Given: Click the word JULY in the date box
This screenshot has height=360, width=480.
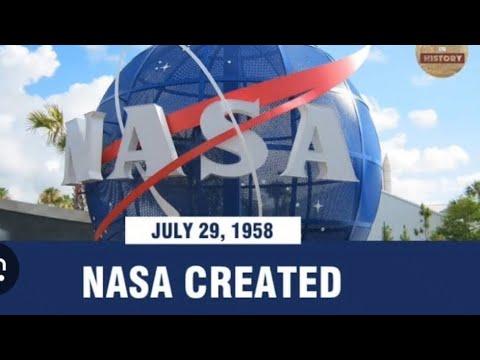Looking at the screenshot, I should tap(171, 231).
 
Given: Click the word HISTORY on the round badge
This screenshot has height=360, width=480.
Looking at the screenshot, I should tap(441, 59).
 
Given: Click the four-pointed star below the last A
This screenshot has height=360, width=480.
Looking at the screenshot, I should tap(317, 204).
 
